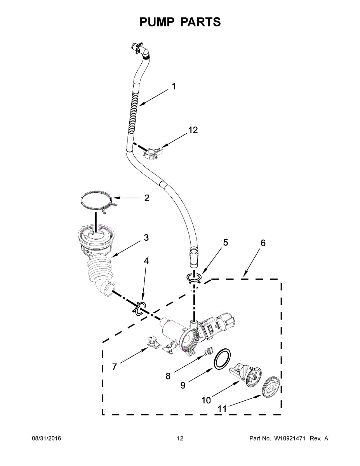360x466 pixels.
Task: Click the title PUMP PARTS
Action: click(180, 22)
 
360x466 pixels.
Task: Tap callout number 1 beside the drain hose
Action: click(174, 86)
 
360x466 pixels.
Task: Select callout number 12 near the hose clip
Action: click(193, 130)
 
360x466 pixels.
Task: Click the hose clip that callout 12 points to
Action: click(153, 153)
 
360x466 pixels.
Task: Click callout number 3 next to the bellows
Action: click(146, 238)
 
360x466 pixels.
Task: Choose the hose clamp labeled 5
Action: click(193, 277)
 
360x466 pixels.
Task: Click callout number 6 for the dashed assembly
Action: click(263, 243)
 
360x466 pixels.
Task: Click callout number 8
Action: click(168, 376)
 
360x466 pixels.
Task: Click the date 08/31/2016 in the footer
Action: click(46, 438)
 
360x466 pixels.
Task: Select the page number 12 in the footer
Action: click(180, 438)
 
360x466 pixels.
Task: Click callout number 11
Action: click(222, 409)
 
